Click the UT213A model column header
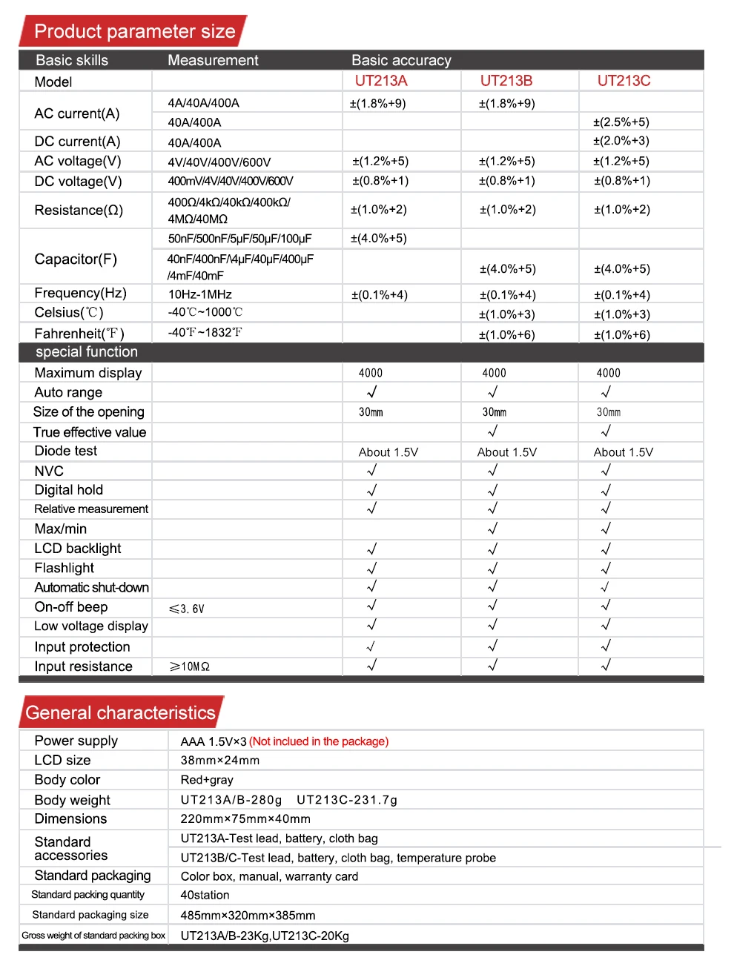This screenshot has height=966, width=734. pos(381,81)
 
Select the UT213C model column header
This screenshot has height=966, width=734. pos(624,81)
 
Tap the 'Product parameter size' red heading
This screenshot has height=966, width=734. pos(134,31)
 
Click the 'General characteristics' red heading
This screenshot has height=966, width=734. pos(120,712)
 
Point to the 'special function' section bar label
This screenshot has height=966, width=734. pos(87,352)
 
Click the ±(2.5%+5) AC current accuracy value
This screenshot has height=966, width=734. pos(621,122)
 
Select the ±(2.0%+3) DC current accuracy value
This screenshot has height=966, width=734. pos(621,141)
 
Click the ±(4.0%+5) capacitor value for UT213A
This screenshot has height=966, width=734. pos(378,238)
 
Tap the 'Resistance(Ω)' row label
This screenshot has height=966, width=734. pos(79,210)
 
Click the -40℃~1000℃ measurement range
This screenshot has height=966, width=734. pos(205,312)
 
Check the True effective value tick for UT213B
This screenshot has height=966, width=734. pos(493,431)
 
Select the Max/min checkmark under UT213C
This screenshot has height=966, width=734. pos(606,528)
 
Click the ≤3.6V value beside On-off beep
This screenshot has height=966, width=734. pos(187,609)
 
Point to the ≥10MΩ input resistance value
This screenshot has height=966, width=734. pos(190,666)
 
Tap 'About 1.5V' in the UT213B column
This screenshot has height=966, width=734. pos(506,452)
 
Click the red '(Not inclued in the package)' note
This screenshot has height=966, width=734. pos(319,741)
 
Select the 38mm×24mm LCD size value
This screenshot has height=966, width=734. pos(220,761)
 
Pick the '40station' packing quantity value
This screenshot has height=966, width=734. pos(205,895)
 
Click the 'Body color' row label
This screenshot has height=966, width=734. pos(67,780)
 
